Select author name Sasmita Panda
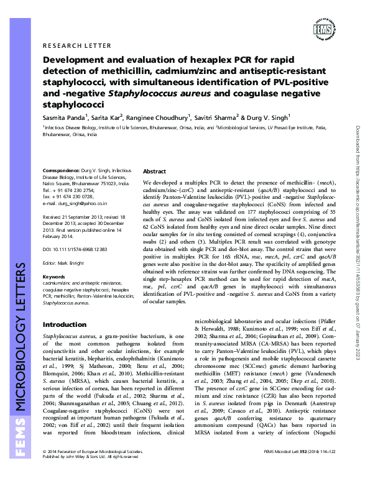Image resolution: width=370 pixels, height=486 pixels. tap(62, 116)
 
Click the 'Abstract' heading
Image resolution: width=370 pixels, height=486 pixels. tap(155, 171)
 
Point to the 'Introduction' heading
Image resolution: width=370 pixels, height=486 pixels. tap(63, 325)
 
